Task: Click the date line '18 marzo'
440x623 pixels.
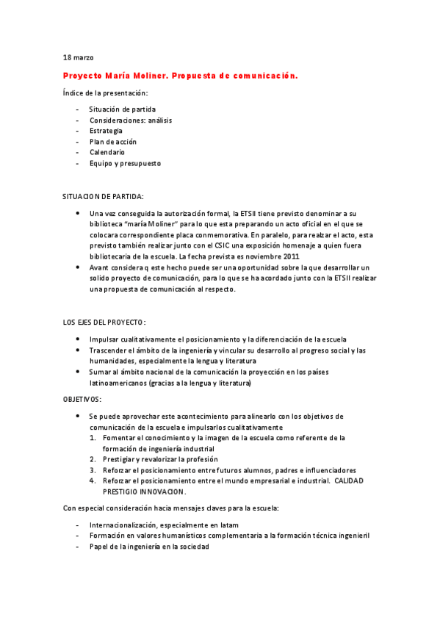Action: point(78,57)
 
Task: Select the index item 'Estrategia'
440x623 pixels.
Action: point(106,131)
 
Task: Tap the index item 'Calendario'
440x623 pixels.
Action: point(107,152)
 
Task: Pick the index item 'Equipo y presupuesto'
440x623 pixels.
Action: point(125,163)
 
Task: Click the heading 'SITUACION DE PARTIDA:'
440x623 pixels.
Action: point(103,197)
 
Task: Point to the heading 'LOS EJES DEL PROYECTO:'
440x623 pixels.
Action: point(104,323)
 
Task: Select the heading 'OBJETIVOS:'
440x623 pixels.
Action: point(82,398)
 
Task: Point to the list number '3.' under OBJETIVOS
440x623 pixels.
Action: point(93,470)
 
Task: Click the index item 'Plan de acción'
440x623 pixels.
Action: point(113,142)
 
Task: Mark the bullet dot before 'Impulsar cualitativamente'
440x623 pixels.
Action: point(79,339)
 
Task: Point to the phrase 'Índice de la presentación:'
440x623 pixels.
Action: point(105,93)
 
